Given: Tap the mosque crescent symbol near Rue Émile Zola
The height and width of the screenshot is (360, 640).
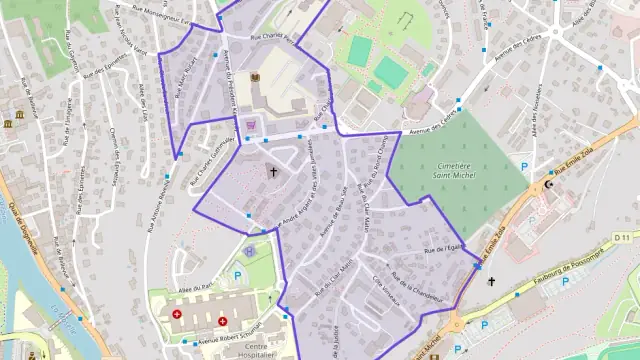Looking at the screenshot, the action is coord(547,185).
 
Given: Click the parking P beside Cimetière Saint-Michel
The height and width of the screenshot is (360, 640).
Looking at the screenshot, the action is coord(523,165).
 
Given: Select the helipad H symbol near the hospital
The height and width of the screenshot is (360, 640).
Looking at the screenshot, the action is coord(249,252).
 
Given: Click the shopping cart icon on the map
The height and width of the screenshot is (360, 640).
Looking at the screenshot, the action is coord(251,124).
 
